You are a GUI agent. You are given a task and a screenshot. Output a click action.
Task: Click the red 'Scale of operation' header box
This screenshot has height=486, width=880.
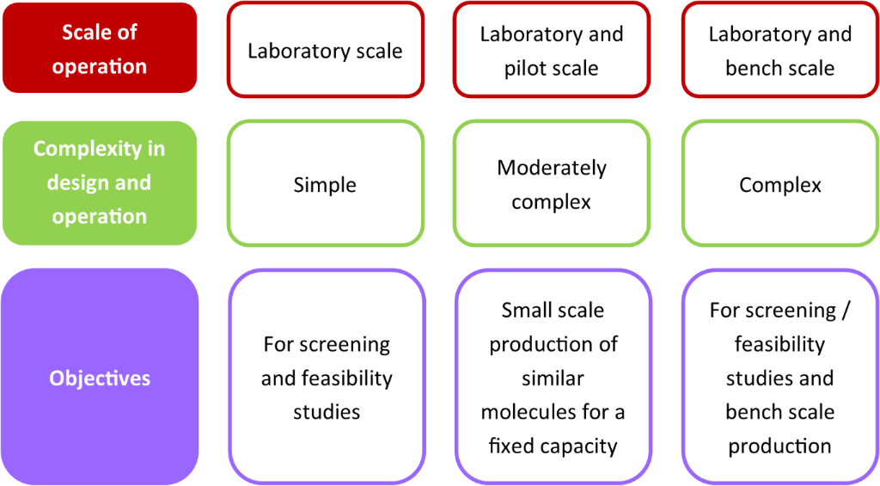coord(100,49)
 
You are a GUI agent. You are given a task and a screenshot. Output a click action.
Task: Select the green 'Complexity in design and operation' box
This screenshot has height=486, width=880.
coord(100,182)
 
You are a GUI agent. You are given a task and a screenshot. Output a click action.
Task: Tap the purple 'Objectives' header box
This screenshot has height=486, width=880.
coord(100,378)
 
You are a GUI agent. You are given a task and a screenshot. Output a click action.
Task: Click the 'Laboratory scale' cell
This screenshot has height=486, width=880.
coord(325,51)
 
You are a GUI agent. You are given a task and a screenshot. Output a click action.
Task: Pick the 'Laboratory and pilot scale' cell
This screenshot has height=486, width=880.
coord(551,51)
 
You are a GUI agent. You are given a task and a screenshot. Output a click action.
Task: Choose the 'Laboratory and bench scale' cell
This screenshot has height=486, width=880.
coord(779,51)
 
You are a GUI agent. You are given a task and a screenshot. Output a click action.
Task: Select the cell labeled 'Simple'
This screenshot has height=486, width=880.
coord(325,184)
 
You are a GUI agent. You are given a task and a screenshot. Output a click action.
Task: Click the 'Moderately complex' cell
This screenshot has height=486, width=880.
coord(551,184)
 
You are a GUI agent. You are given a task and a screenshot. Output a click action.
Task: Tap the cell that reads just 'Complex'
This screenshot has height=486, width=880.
coord(779,184)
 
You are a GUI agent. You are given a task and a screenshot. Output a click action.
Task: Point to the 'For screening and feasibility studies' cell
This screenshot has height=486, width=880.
coord(326,378)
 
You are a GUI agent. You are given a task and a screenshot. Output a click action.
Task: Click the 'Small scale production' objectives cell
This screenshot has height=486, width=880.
coord(553,378)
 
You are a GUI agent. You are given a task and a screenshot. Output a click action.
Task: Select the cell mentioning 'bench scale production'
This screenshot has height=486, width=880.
coord(779,378)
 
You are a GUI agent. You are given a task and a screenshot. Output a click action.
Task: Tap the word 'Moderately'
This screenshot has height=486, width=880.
coord(552,168)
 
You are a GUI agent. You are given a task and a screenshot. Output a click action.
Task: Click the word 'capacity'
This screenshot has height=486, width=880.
coord(583,446)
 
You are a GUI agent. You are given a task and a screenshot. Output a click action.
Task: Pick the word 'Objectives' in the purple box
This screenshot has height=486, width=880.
coord(100,378)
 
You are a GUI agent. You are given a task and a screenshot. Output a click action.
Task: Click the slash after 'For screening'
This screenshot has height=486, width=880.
coord(846,311)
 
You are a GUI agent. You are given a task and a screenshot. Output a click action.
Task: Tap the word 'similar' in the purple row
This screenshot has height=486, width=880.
coord(553,378)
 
